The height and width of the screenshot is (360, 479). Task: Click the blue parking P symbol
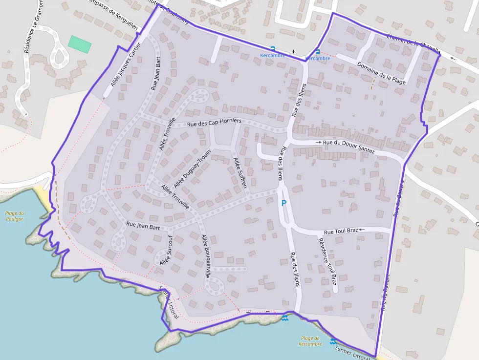(x=283, y=203)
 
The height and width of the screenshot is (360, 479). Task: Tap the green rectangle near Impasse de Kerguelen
(x=80, y=44)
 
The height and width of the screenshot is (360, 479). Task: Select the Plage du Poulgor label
(x=15, y=216)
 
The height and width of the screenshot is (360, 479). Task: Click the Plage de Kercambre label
(x=311, y=341)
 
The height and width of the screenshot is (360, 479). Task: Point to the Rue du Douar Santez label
(x=348, y=146)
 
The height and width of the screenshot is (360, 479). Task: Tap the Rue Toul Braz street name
(x=341, y=232)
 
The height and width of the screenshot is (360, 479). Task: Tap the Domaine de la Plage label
(x=381, y=73)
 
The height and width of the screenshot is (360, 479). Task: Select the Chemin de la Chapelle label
(x=413, y=43)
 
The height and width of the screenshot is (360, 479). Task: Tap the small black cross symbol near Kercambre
(x=293, y=51)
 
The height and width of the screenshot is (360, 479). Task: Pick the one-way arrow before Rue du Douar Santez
(x=319, y=142)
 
